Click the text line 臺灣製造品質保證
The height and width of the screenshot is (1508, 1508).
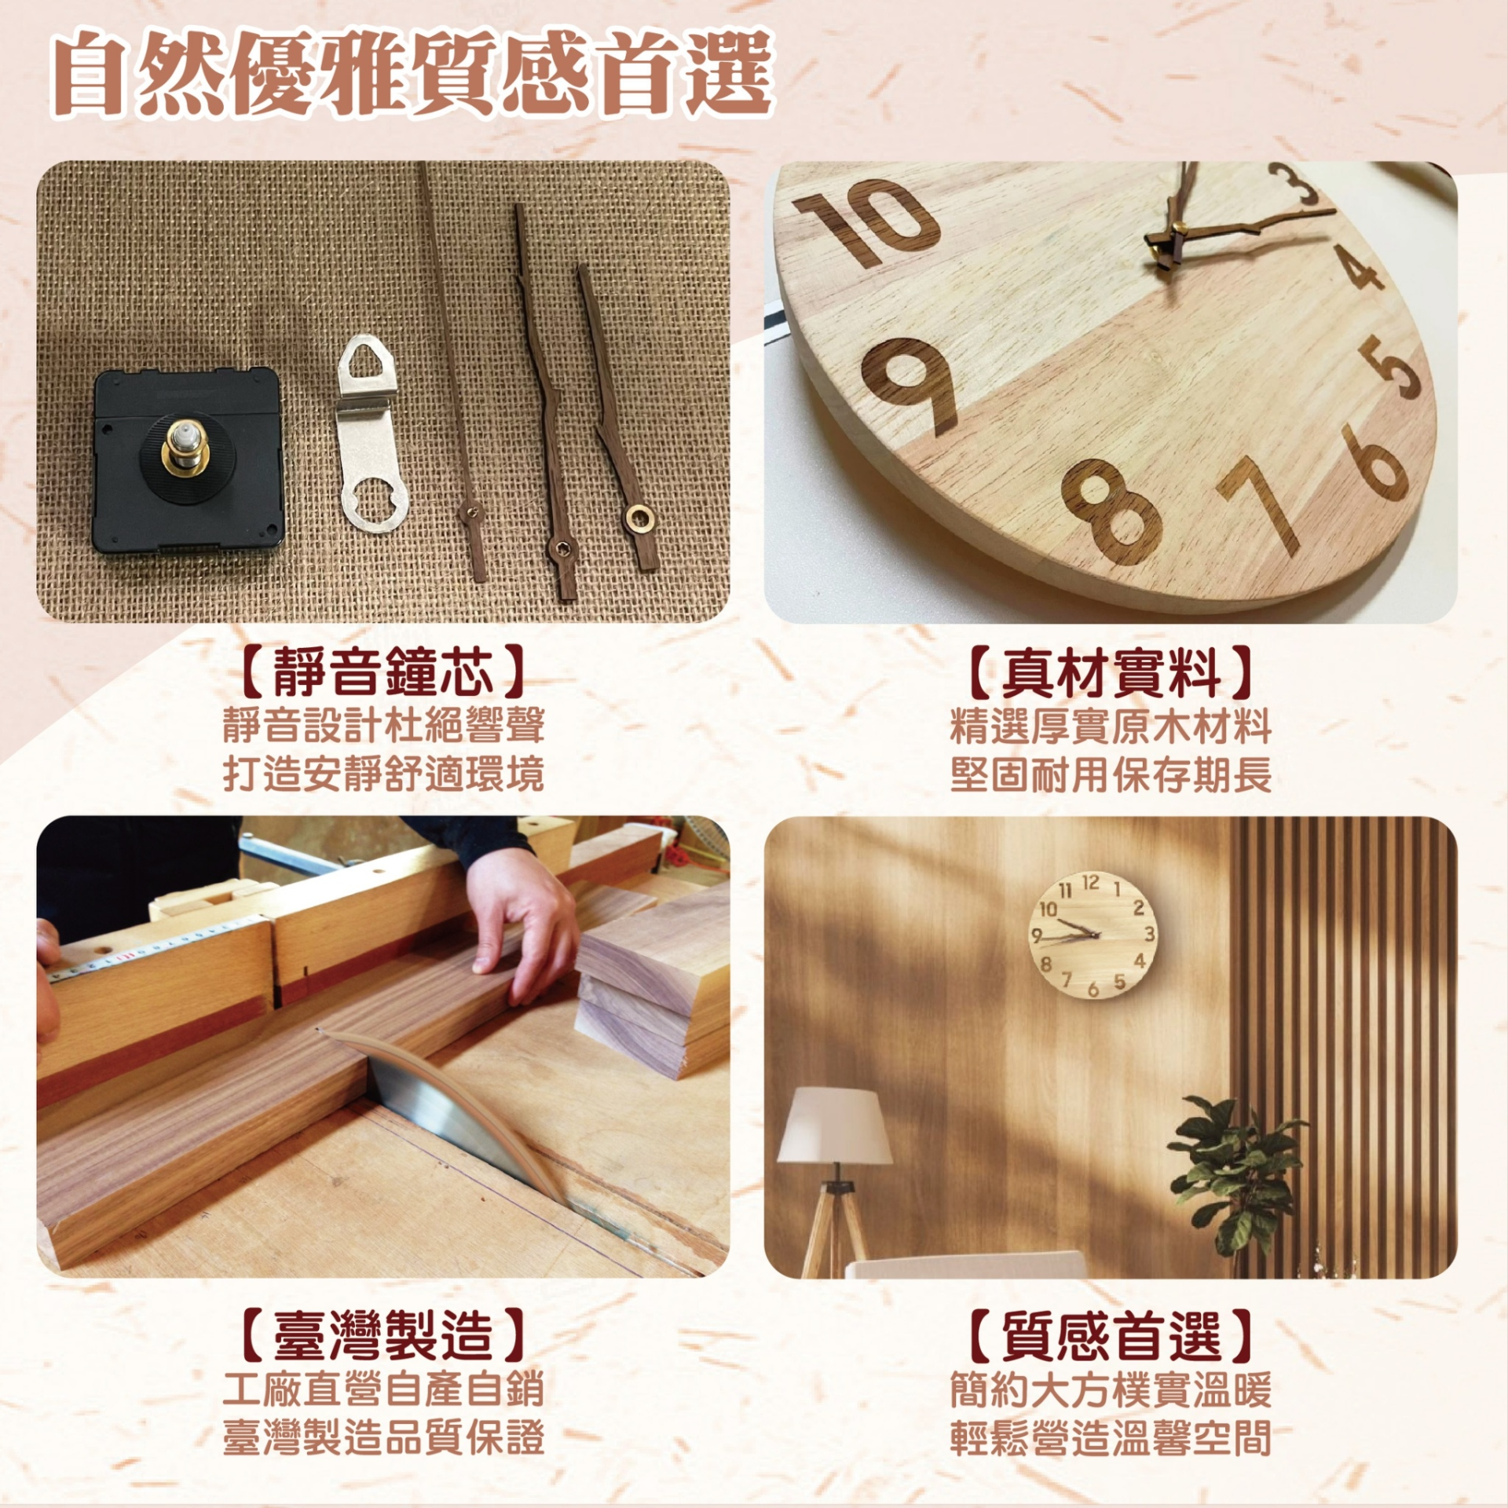tap(382, 1437)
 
